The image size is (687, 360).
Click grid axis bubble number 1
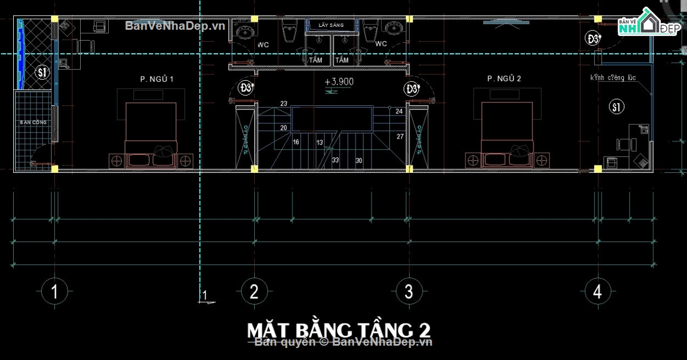[54, 292]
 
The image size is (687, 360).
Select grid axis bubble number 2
[253, 292]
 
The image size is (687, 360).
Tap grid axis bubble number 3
[408, 292]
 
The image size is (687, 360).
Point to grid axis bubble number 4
[597, 292]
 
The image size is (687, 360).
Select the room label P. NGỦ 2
[504, 79]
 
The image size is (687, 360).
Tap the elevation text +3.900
[339, 82]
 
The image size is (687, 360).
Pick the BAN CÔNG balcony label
[33, 122]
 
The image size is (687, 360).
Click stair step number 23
[284, 104]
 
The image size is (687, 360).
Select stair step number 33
[335, 160]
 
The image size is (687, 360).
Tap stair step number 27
[400, 136]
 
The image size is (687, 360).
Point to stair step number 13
[319, 143]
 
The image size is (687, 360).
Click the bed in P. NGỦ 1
[151, 129]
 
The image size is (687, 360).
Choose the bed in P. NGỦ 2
[507, 129]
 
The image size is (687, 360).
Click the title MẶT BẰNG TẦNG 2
[338, 330]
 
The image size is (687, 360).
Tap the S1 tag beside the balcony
[41, 72]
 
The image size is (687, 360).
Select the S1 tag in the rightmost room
[616, 106]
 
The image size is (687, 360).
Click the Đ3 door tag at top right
[593, 39]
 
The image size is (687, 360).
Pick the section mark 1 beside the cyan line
[204, 296]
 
